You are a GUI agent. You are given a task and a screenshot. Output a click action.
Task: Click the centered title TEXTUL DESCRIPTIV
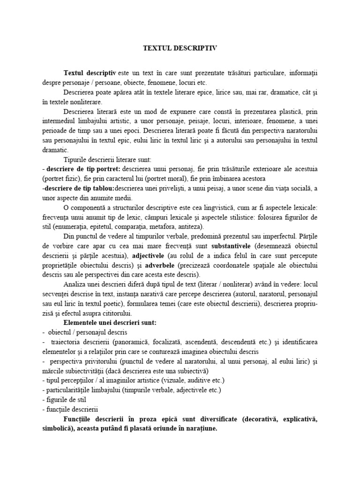point(180,48)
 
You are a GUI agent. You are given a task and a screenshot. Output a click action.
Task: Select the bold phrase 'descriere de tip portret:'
point(81,168)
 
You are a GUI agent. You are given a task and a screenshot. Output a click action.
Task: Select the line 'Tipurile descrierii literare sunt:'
point(110,159)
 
